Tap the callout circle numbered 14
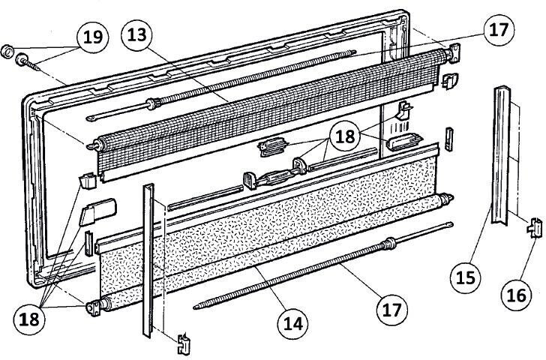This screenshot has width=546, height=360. coord(293,323)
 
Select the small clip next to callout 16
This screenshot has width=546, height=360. coord(535,226)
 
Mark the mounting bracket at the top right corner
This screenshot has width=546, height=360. coord(454,55)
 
